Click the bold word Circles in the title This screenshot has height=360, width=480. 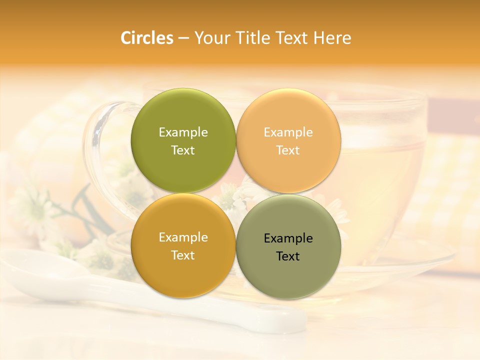click(x=146, y=38)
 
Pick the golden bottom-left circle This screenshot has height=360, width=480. click(x=183, y=270)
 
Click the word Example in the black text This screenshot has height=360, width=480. click(x=288, y=238)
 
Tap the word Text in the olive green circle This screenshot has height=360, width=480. click(x=183, y=150)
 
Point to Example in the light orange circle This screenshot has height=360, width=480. click(x=288, y=132)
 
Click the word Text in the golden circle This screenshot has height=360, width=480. click(x=183, y=255)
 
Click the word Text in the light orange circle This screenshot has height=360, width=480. click(x=288, y=150)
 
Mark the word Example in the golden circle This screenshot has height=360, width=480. click(x=183, y=237)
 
